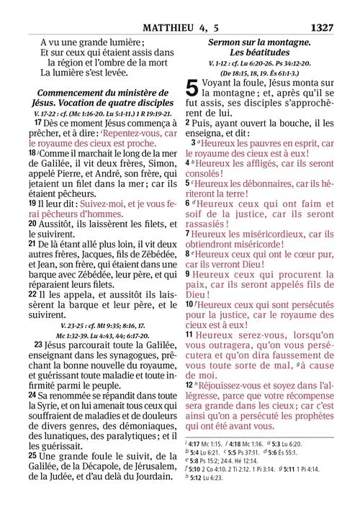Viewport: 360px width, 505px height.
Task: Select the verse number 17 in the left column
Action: (38, 123)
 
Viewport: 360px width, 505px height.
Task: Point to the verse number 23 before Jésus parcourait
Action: (38, 345)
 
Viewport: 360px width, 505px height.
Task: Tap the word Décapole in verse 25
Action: (118, 468)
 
